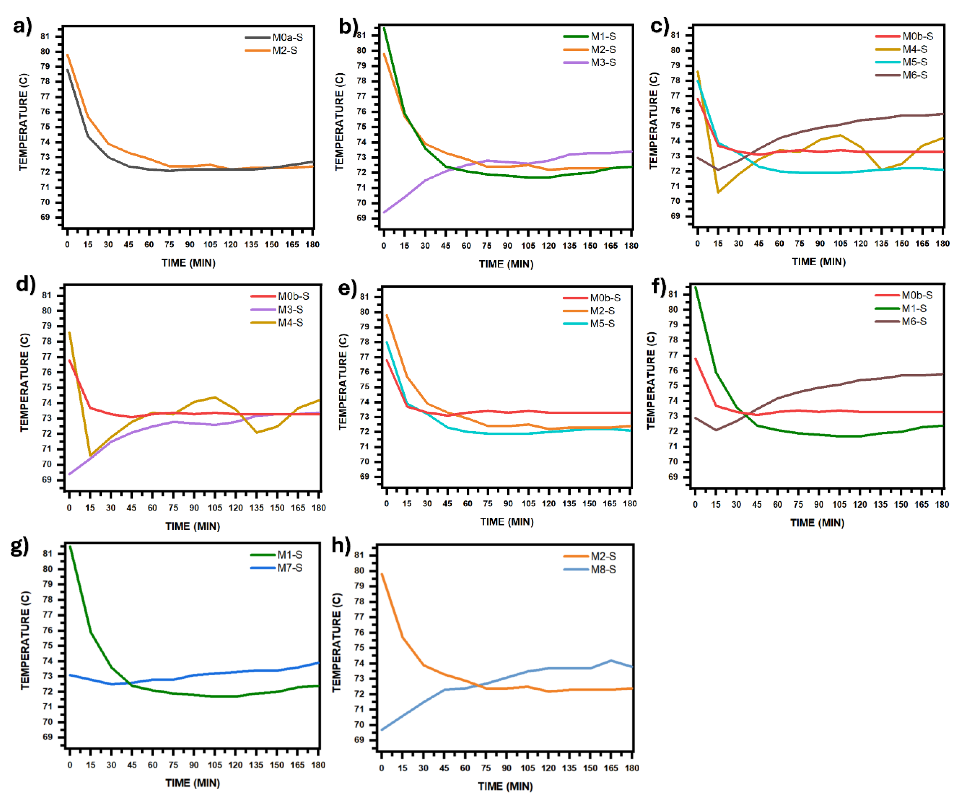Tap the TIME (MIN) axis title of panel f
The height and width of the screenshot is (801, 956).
click(817, 523)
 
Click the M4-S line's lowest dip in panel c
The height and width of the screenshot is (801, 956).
click(718, 192)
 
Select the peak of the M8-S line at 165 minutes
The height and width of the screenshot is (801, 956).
click(611, 661)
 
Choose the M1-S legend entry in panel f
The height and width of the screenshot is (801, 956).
click(914, 308)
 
